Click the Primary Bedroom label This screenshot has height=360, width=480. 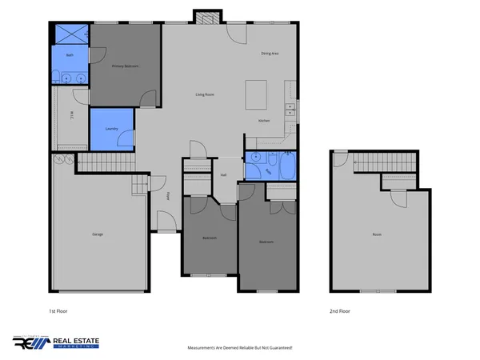point(125,66)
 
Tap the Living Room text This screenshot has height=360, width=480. point(206,94)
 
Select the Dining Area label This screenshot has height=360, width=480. point(270,54)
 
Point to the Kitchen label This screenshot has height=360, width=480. point(263,120)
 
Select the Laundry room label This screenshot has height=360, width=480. point(112,129)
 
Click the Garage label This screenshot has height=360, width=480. point(98,234)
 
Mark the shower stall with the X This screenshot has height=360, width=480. point(70,34)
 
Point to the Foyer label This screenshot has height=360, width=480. point(168,195)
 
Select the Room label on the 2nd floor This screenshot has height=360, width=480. point(377,234)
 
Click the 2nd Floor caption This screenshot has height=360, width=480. point(340,311)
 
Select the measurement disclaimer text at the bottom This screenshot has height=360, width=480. point(240,347)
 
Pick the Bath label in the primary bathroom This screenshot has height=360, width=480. point(70,55)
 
